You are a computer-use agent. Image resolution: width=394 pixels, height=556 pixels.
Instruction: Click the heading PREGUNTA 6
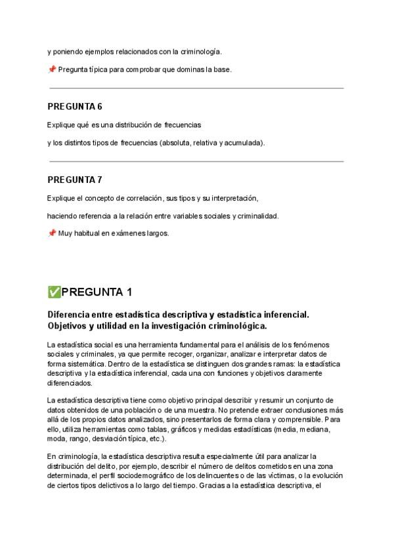pos(74,106)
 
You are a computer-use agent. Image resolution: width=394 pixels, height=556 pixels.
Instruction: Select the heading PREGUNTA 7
pos(74,180)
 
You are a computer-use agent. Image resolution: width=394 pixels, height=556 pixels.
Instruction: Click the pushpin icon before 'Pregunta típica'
pos(51,69)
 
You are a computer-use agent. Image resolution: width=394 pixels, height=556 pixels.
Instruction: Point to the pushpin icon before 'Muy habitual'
pos(51,233)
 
